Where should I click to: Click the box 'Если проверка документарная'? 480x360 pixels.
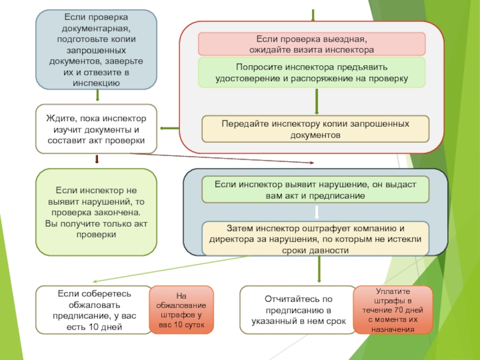pos(96,49)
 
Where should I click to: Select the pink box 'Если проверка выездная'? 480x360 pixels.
pos(311,44)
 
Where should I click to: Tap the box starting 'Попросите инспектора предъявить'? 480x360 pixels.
pos(311,73)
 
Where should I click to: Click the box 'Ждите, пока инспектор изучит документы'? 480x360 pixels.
pos(96,128)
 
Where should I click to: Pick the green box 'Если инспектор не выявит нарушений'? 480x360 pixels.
pos(96,212)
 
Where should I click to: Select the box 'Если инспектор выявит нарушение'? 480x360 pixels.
pos(316,190)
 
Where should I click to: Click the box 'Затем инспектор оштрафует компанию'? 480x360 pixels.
pos(316,239)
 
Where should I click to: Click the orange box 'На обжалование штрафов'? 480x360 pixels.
pos(181,310)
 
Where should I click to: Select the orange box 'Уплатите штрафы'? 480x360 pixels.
pos(392,310)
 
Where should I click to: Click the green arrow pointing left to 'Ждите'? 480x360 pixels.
pos(169,128)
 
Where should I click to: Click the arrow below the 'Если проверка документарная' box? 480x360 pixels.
pos(96,96)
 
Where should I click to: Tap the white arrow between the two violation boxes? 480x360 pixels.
pos(316,212)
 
